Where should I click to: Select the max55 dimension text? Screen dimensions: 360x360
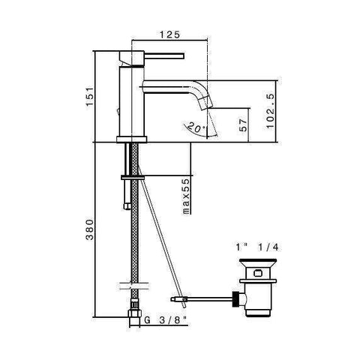(x=184, y=197)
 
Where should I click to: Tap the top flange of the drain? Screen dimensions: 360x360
(x=258, y=261)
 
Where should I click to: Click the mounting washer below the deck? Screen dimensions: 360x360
(x=132, y=176)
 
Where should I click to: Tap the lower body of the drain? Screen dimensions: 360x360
(x=259, y=300)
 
